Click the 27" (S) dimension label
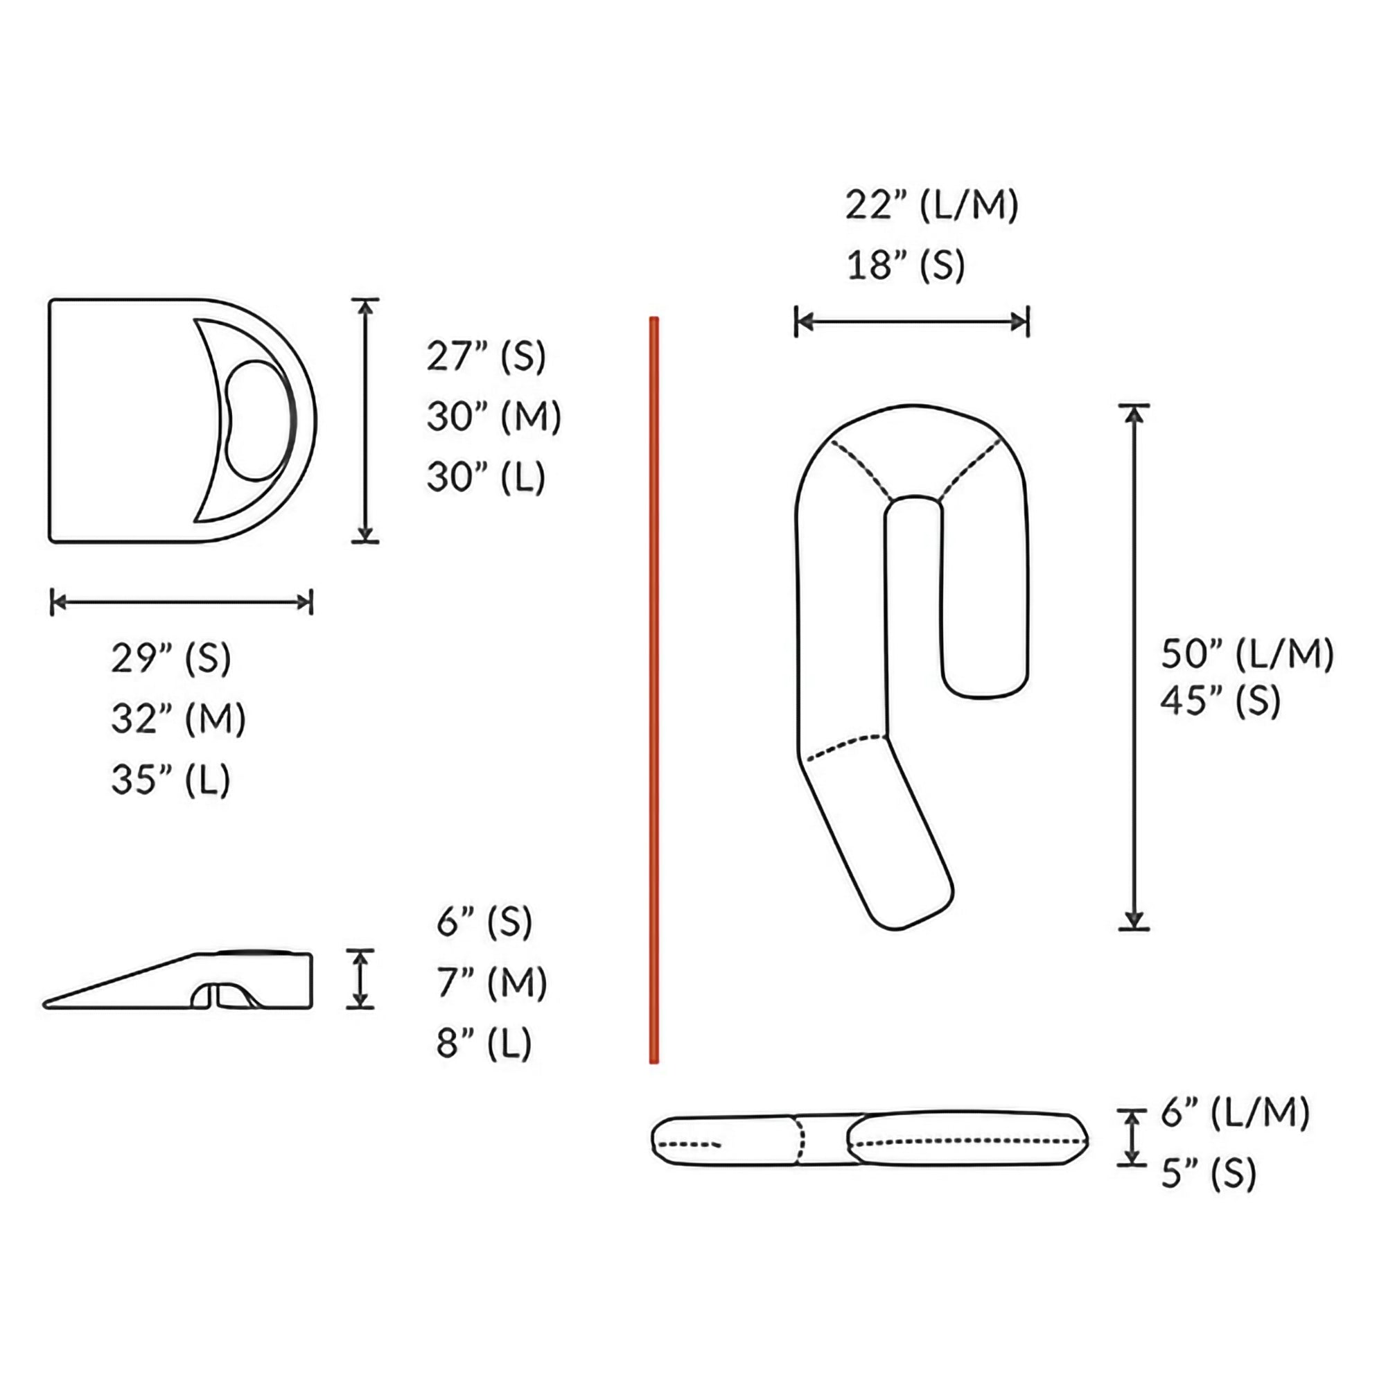pos(486,356)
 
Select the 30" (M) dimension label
pos(493,416)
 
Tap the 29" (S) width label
pos(170,658)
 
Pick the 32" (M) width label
pos(178,718)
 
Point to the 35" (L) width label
pos(170,779)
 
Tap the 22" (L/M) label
pos(931,205)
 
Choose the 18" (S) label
pos(905,265)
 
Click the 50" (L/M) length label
pos(1247,653)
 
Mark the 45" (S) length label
pos(1220,700)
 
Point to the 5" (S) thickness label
pos(1209,1175)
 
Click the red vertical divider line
pos(653,689)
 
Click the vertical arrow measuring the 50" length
pos(1134,667)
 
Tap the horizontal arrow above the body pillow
pos(912,322)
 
